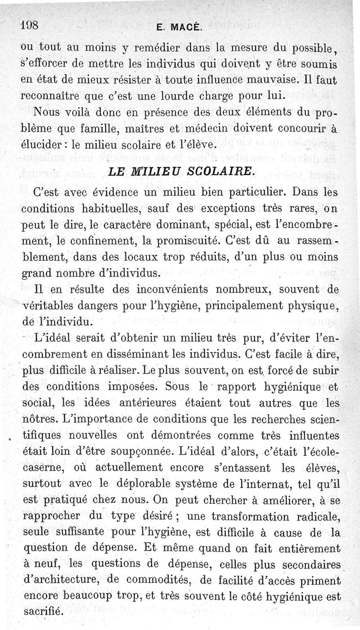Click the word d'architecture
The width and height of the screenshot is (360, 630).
61,581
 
